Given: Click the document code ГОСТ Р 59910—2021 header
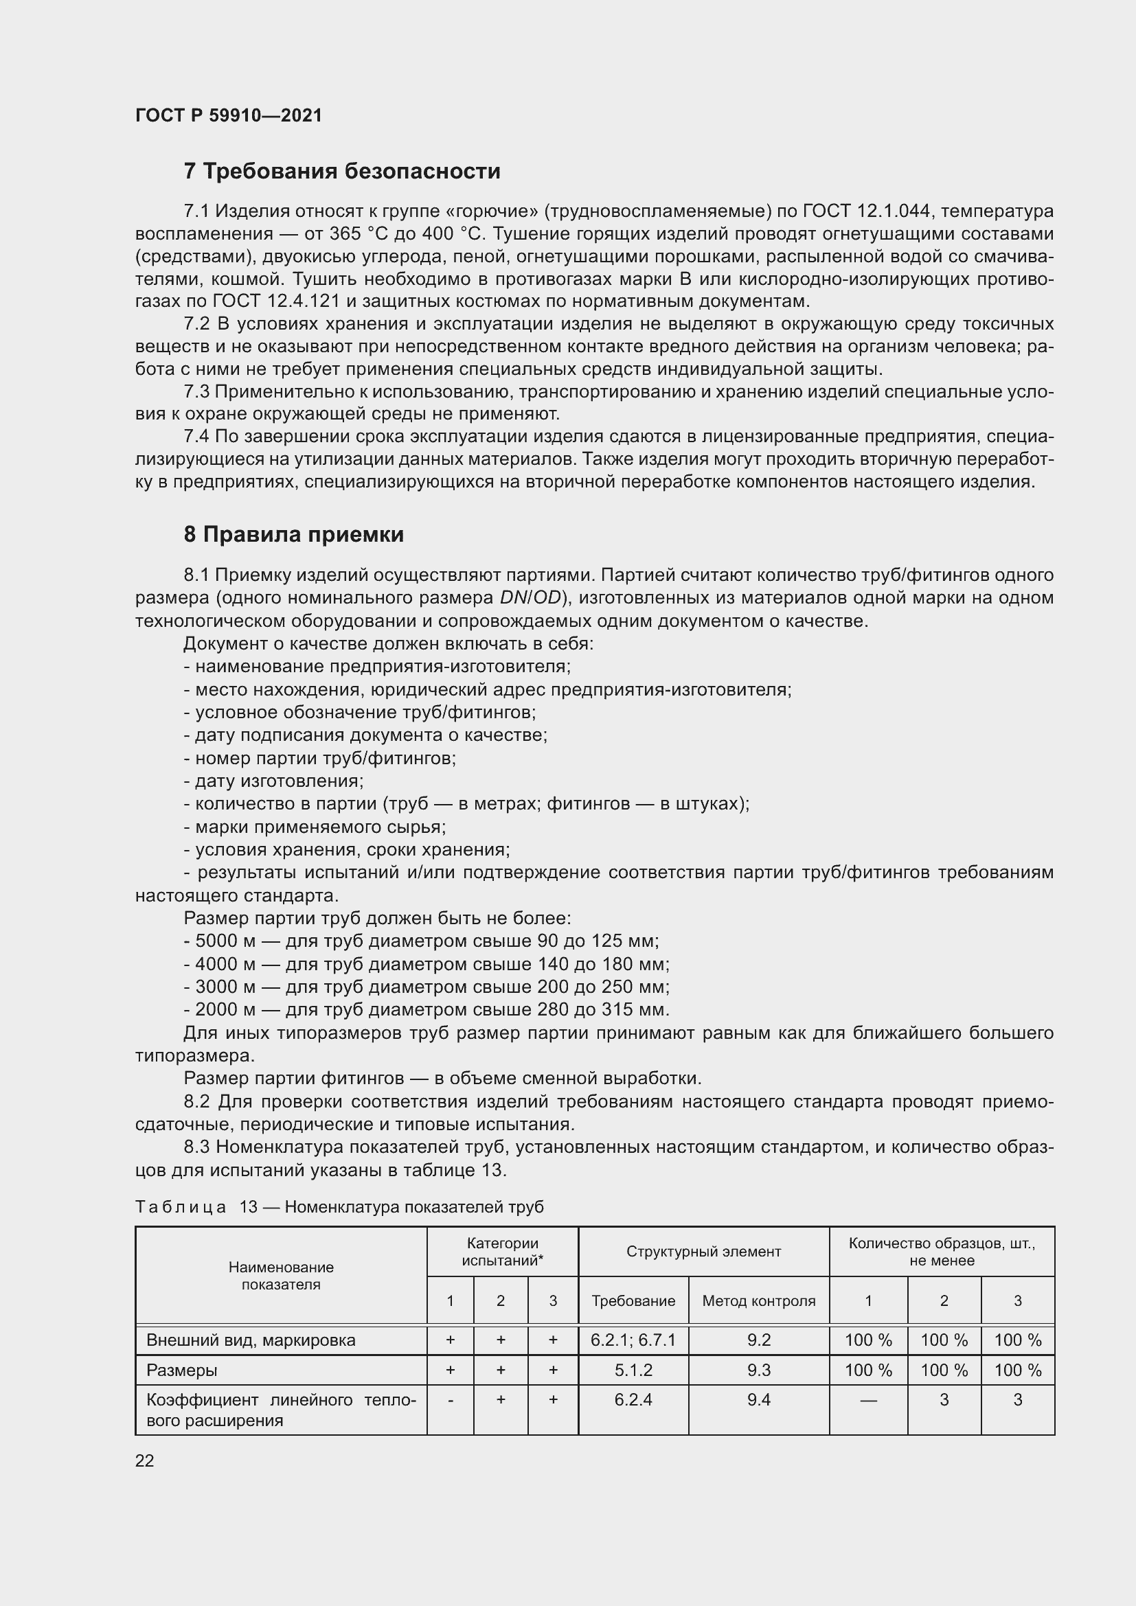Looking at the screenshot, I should (229, 115).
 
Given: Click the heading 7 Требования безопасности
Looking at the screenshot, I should (342, 172).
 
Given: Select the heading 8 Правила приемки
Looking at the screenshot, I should (294, 534).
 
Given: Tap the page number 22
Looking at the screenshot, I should (145, 1460).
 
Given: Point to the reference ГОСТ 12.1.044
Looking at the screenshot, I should (866, 211).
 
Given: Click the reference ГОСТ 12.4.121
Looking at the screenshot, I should (275, 301).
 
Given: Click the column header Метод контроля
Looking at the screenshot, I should (758, 1301).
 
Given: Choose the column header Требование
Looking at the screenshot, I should (633, 1301).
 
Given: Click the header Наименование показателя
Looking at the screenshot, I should (280, 1276).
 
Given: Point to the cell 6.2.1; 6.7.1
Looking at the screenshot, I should (633, 1340).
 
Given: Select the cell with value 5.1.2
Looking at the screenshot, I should (633, 1370).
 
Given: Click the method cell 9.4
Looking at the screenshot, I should (758, 1399).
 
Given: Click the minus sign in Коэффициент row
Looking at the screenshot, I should (451, 1399).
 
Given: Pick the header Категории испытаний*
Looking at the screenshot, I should (502, 1252).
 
